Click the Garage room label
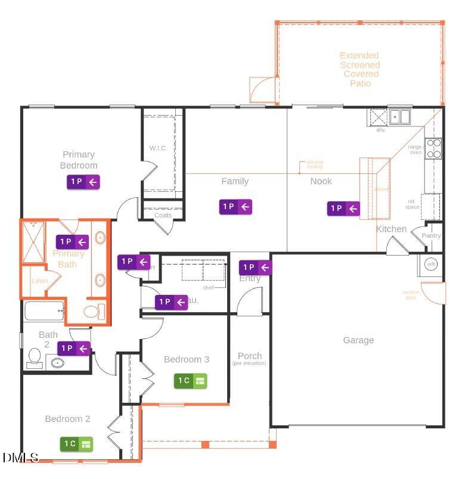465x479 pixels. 358,340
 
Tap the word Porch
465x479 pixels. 249,356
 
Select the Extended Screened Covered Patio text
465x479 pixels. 359,69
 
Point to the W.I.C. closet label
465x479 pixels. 157,148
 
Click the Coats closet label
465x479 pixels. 163,216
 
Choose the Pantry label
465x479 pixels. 431,235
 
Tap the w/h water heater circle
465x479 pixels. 430,265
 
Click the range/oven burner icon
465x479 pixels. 434,148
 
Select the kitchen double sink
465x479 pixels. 400,116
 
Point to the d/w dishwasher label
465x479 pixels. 380,130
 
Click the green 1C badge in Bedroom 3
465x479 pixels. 190,380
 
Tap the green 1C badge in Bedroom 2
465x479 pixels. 76,443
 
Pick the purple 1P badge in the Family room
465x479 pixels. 235,207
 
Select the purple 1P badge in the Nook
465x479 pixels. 343,209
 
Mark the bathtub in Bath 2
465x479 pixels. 44,310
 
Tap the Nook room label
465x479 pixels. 321,181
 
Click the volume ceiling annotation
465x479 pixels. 314,164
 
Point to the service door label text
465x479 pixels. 411,294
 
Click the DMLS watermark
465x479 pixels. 20,458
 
